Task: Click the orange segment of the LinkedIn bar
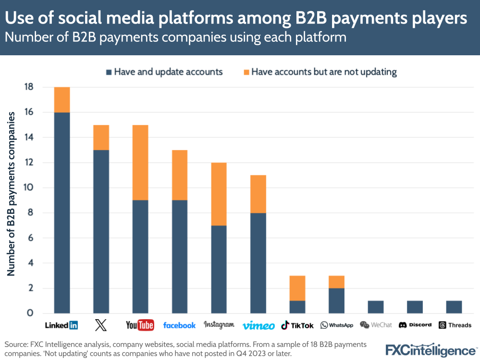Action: [62, 99]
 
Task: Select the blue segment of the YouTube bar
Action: [140, 257]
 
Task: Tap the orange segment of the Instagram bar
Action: [219, 194]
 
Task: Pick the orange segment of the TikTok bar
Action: [297, 288]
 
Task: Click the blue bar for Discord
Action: [415, 307]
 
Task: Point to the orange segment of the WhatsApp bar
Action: [336, 282]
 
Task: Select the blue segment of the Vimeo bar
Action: [258, 263]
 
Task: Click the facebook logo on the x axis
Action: [179, 325]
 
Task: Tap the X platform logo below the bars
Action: [101, 325]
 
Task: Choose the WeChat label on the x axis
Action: [376, 325]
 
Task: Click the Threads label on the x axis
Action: [455, 325]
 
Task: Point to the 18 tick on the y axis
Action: [28, 87]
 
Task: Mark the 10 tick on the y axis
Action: [28, 188]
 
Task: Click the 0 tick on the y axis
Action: [30, 313]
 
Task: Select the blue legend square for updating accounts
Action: [109, 72]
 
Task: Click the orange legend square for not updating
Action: [246, 72]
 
